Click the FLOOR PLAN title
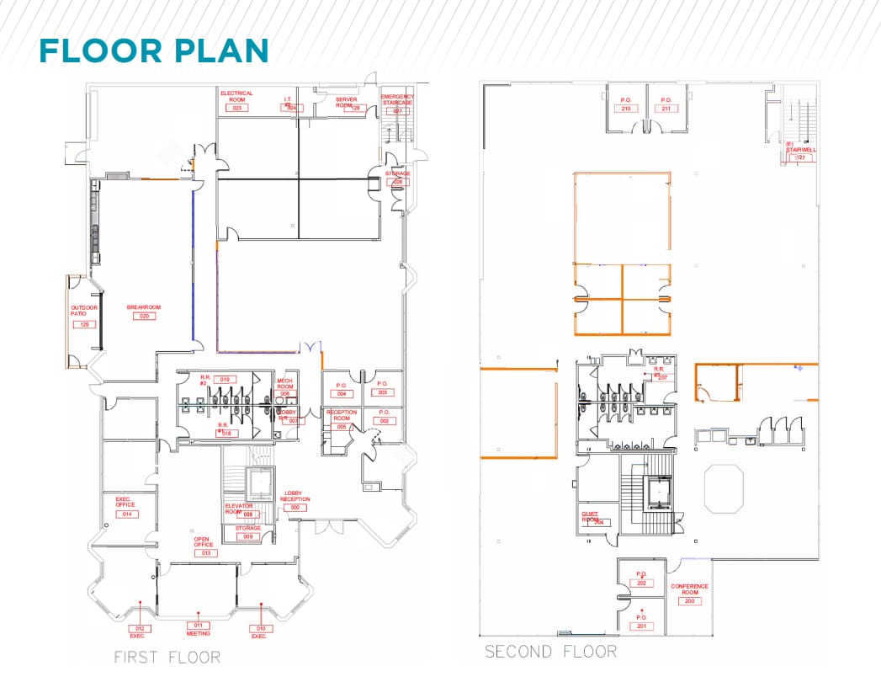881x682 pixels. click(153, 51)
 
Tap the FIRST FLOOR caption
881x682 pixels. click(167, 657)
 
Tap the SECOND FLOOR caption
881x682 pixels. click(550, 652)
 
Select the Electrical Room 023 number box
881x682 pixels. click(236, 108)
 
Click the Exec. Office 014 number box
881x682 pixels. click(128, 514)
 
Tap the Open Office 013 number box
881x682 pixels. click(204, 553)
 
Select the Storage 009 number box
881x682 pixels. click(247, 536)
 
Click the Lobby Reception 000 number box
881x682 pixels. click(295, 508)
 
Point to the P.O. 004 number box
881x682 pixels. click(342, 393)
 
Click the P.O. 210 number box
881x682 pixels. click(626, 109)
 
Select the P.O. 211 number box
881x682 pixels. click(666, 109)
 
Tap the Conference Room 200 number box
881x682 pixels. click(689, 601)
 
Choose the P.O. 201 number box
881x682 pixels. click(641, 626)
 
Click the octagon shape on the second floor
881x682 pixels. click(724, 488)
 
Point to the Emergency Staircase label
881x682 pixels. click(397, 99)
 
